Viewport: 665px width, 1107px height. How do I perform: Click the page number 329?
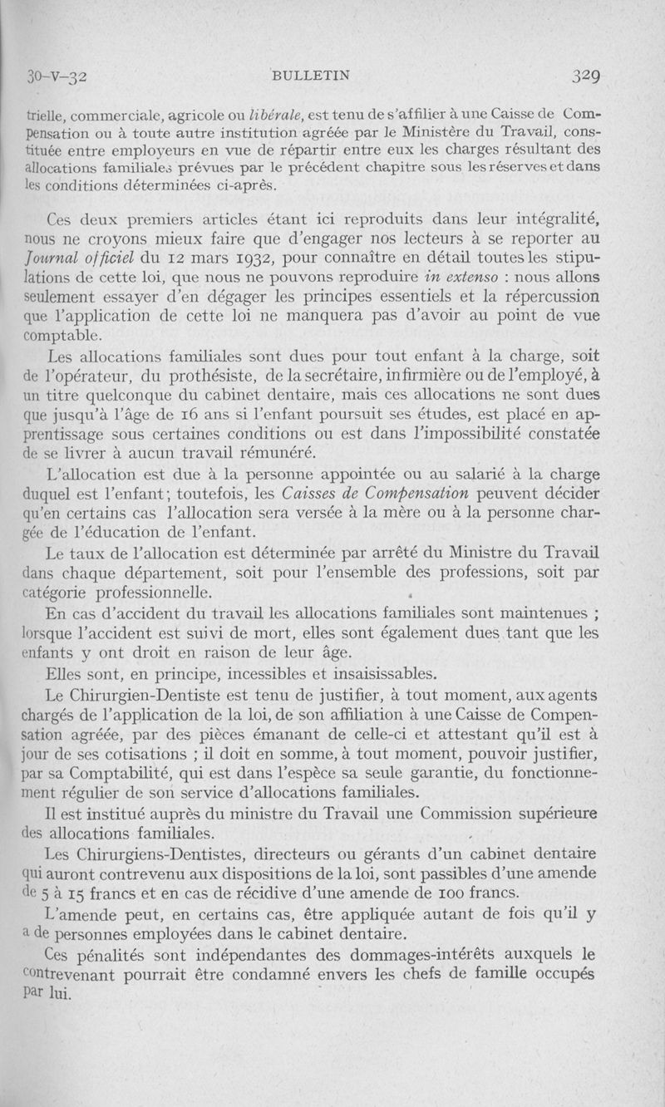coord(586,76)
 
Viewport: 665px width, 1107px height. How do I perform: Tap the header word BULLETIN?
coord(312,75)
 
